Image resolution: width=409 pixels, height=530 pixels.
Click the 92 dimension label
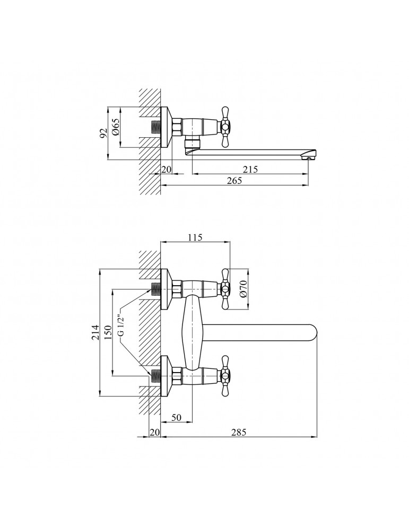(103, 132)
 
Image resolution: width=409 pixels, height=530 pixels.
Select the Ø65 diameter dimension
(115, 128)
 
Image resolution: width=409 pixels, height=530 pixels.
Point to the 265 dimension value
(235, 180)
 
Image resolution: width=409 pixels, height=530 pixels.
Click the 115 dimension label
(195, 237)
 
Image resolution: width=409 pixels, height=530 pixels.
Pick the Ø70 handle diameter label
(244, 289)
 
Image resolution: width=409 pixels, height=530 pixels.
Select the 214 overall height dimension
(95, 333)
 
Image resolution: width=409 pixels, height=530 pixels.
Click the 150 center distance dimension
(107, 333)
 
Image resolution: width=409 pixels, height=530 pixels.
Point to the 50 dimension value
(176, 418)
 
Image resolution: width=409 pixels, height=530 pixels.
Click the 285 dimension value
(239, 432)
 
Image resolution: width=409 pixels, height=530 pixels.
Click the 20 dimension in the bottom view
(154, 432)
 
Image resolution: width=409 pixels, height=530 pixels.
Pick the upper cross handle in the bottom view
(225, 289)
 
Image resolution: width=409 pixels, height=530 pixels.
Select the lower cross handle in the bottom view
(225, 376)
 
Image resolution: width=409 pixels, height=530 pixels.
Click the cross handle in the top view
(225, 128)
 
